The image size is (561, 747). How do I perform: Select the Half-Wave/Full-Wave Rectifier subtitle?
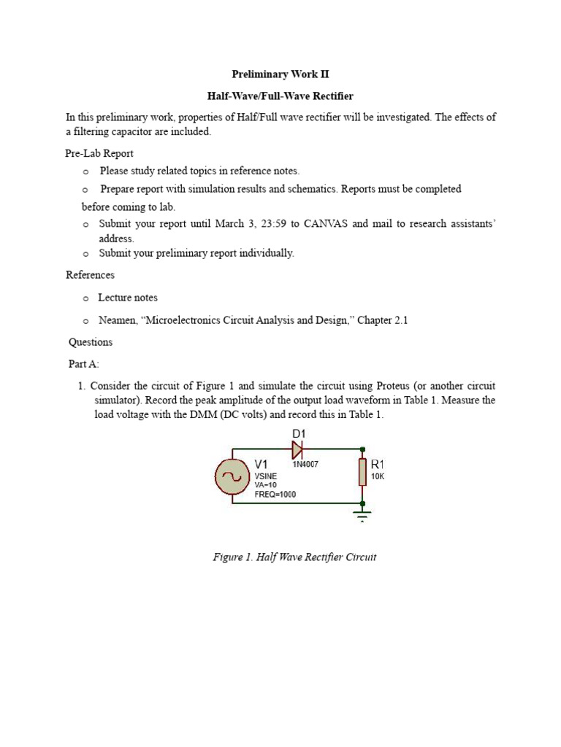click(280, 96)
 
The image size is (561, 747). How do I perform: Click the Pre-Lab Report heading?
click(99, 153)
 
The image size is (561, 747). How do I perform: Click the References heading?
click(90, 275)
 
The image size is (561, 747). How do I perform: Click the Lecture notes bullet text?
click(128, 298)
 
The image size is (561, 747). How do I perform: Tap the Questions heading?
click(91, 342)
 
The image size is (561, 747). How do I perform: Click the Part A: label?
click(84, 364)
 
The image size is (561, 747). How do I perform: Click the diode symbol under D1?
click(298, 449)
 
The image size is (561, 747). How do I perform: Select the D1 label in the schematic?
click(299, 434)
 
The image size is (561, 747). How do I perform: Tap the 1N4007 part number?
click(305, 463)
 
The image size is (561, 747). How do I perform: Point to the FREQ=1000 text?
click(275, 494)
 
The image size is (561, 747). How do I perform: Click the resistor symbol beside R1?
click(362, 471)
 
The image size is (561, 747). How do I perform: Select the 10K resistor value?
click(378, 476)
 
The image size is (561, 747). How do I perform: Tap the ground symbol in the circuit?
click(362, 516)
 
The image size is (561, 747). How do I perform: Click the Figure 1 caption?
click(294, 557)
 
